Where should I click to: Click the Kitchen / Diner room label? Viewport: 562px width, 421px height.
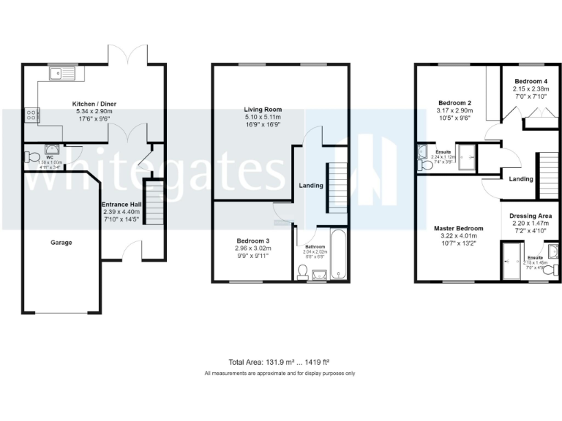point(94,104)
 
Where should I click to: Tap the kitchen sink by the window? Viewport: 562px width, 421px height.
point(64,73)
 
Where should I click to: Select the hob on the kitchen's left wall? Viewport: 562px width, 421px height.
point(31,114)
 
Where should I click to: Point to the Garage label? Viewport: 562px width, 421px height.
point(61,242)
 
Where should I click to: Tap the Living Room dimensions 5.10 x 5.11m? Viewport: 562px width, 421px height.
point(263,117)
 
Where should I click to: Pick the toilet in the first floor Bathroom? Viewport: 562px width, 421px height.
point(304,271)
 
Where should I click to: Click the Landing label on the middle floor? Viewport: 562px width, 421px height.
point(311,186)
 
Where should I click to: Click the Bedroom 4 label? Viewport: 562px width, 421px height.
point(531,81)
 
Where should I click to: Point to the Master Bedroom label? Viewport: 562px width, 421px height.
point(457,228)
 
